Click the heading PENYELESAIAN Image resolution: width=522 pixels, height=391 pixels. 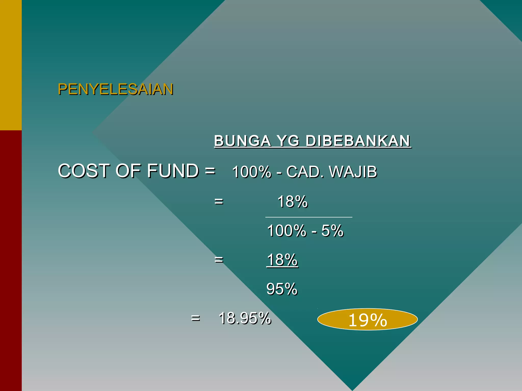115,89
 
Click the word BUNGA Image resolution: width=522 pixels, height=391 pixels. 242,141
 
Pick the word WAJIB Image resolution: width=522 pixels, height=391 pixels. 353,172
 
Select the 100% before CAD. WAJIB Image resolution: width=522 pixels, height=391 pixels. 252,172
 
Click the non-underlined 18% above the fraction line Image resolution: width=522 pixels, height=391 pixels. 292,202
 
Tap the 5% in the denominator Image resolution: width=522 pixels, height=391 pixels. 332,231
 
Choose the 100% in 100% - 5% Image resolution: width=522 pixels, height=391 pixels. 286,231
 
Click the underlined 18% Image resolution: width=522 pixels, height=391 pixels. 282,260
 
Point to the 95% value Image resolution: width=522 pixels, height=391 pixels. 282,289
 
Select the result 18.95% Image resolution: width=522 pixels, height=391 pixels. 245,318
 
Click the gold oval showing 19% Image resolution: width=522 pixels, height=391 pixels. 367,319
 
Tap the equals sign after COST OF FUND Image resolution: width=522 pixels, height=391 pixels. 210,171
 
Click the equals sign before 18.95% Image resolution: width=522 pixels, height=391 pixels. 195,318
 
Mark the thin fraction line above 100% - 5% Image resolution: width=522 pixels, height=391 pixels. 309,217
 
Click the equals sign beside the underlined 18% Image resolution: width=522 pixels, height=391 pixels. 219,260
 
